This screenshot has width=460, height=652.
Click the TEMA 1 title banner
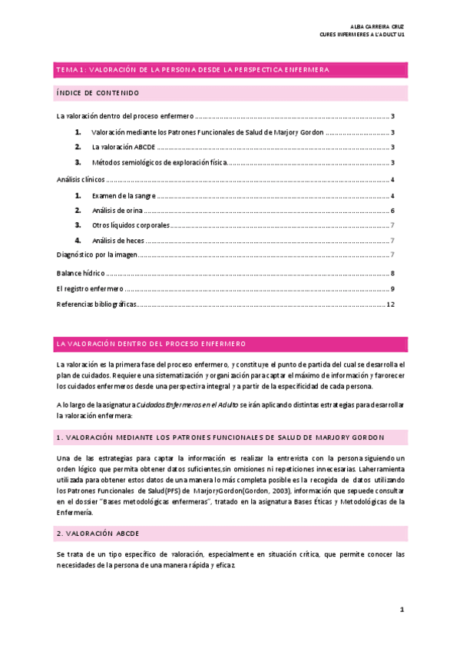point(193,70)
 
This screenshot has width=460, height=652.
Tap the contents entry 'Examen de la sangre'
point(124,196)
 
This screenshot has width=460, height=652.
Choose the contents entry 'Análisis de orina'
point(117,211)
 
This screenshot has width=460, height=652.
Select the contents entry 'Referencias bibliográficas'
point(97,304)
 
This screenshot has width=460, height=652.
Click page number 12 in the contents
point(390,304)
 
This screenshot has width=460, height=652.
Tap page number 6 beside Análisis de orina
point(392,211)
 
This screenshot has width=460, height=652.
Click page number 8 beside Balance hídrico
point(392,273)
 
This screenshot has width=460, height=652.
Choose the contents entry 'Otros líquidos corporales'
point(130,225)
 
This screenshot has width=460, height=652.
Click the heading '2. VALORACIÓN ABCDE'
point(97,533)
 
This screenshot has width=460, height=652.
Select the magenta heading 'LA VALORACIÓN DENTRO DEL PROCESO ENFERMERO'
point(151,343)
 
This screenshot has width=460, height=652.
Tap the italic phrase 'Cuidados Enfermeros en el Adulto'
point(191,404)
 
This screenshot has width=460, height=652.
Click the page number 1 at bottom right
point(401,609)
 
